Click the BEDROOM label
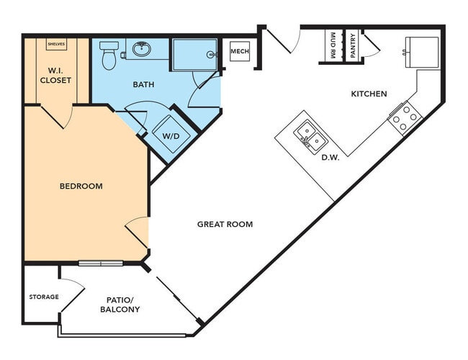pyautogui.click(x=81, y=186)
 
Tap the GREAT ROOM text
pyautogui.click(x=225, y=224)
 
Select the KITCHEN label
pyautogui.click(x=369, y=94)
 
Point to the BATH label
pyautogui.click(x=143, y=84)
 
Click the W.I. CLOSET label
pyautogui.click(x=56, y=75)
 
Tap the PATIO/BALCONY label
pyautogui.click(x=119, y=304)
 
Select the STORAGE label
pyautogui.click(x=43, y=297)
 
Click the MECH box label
pyautogui.click(x=239, y=52)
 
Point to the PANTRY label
pyautogui.click(x=353, y=46)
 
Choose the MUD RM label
pyautogui.click(x=333, y=46)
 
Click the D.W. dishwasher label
pyautogui.click(x=330, y=157)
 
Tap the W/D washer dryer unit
pyautogui.click(x=170, y=135)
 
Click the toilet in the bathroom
pyautogui.click(x=109, y=56)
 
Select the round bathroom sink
pyautogui.click(x=140, y=50)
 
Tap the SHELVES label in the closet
pyautogui.click(x=56, y=44)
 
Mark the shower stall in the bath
pyautogui.click(x=194, y=53)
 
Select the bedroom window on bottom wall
pyautogui.click(x=101, y=263)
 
